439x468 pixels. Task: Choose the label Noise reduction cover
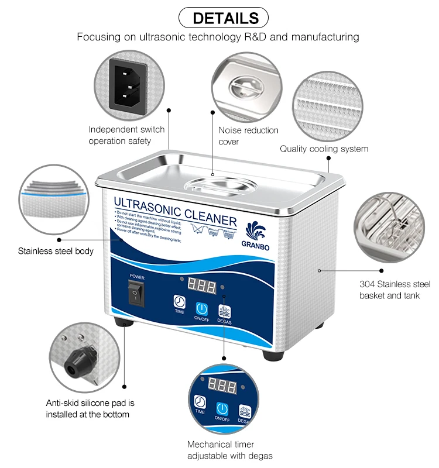point(248,136)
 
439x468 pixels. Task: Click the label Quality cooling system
point(324,149)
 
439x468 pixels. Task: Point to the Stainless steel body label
point(56,251)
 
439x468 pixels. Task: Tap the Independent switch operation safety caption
point(126,135)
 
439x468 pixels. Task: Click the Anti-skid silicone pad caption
point(90,408)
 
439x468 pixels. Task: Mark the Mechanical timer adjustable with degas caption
point(229,450)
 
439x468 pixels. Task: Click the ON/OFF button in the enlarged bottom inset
point(222,410)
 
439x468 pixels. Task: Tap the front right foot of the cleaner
point(272,354)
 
